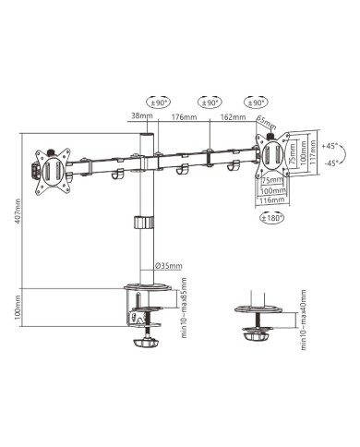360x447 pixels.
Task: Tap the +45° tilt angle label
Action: coord(330,146)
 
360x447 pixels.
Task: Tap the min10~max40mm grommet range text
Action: coord(304,321)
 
